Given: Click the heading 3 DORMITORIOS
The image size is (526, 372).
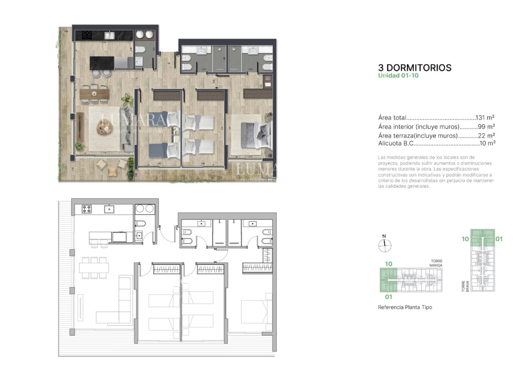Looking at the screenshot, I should coord(415,68).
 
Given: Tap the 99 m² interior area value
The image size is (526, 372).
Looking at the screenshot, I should coord(487,127).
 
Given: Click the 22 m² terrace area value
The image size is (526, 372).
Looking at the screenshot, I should coord(487,136).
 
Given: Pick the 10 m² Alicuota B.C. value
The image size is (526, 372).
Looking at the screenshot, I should coord(487,143).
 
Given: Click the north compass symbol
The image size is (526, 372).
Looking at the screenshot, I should coord(384,245).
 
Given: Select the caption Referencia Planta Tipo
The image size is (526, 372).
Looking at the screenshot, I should coord(405,307).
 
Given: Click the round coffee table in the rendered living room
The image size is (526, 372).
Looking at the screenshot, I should coord(104,128).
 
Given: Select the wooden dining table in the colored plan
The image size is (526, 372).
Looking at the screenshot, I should coord(94,93).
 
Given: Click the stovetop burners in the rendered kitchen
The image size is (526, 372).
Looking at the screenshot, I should coord(87,35).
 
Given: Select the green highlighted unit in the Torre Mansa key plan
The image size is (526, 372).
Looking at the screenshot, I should coord(388,280).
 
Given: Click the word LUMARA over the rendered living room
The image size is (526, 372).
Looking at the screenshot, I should coord(133,119).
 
